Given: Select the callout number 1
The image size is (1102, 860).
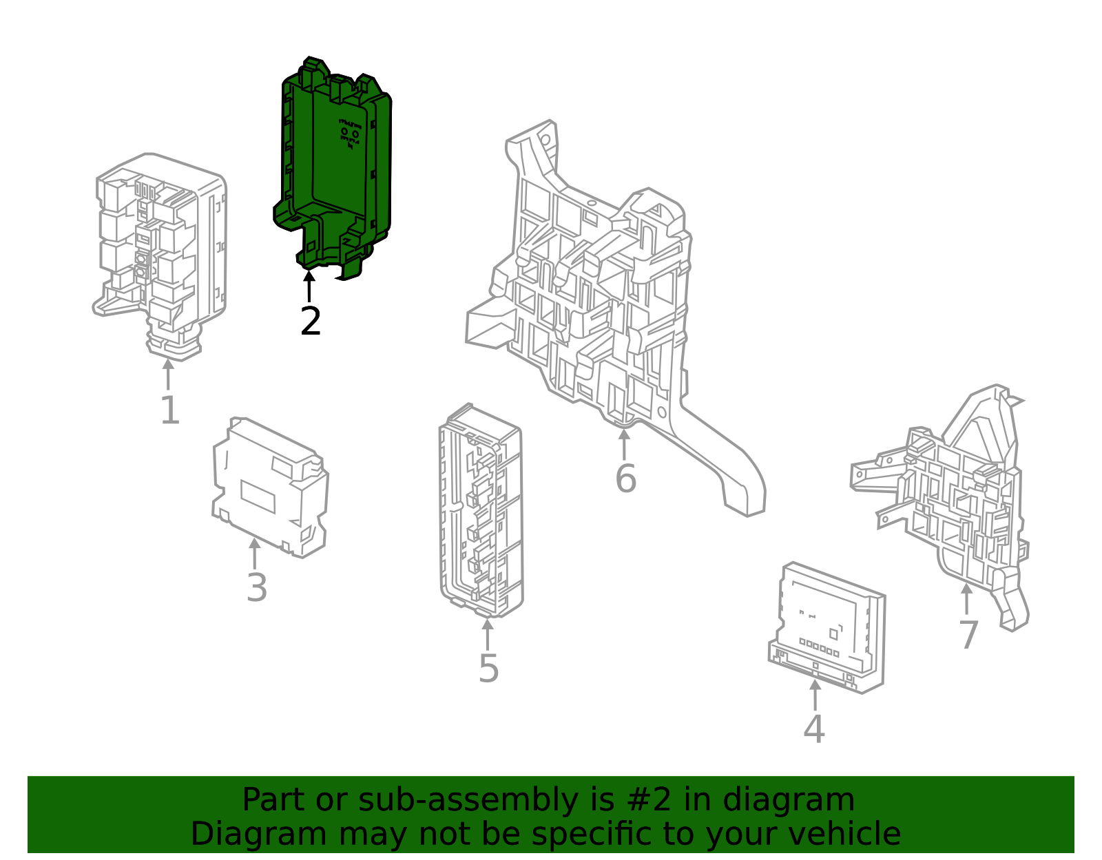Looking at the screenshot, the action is (170, 410).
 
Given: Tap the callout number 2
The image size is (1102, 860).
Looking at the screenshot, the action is (311, 321).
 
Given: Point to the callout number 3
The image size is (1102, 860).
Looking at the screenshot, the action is (257, 588).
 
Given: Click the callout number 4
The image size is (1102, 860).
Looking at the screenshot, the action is (814, 728).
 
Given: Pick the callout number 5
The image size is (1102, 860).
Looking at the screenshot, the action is (489, 669).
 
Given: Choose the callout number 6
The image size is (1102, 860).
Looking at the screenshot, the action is (625, 479).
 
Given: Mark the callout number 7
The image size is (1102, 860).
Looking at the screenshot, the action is (968, 635).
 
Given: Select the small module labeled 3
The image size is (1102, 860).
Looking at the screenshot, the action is (270, 487).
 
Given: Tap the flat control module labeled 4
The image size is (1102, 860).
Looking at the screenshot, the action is (827, 628).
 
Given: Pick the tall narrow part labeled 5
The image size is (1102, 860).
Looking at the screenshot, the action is (481, 511).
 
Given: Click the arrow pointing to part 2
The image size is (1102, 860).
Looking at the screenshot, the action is (309, 286).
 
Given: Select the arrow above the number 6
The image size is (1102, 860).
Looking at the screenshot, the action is (624, 444).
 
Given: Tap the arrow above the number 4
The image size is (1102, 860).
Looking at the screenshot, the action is (815, 695).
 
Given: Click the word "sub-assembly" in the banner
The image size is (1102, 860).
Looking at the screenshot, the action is (468, 800).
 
